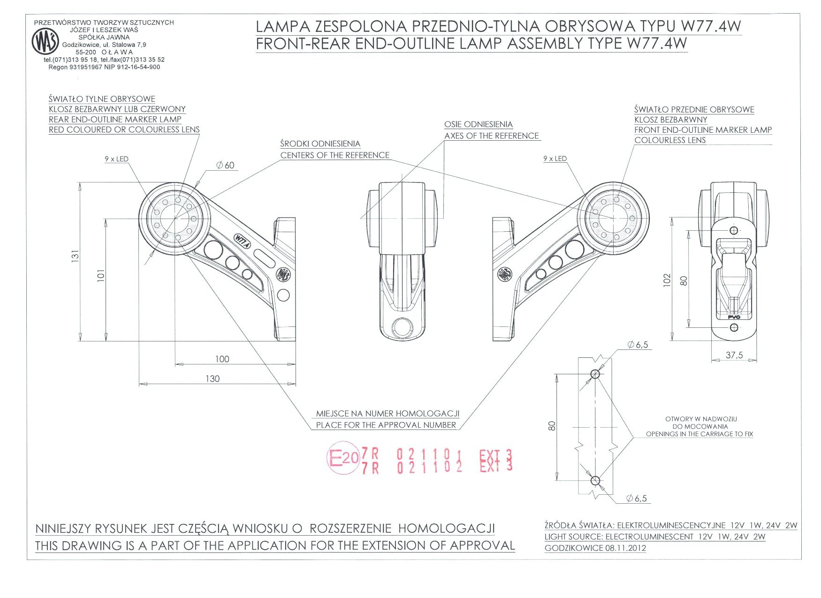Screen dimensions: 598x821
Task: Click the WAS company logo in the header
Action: [45, 41]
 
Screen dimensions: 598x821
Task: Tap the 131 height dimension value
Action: [75, 256]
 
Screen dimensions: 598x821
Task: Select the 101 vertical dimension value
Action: [100, 275]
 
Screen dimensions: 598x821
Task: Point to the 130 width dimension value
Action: [212, 378]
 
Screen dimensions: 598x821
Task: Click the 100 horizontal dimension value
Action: [222, 359]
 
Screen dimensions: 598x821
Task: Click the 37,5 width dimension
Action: [734, 355]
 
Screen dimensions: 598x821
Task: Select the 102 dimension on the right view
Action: [667, 280]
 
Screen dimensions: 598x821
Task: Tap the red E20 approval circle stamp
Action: [343, 457]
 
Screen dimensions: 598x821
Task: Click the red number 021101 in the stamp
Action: [430, 454]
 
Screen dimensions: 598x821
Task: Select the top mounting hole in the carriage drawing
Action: [595, 374]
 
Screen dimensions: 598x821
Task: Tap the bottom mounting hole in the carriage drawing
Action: [595, 480]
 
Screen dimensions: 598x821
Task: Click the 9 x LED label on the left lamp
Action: [116, 159]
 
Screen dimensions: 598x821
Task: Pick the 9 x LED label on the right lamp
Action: [555, 159]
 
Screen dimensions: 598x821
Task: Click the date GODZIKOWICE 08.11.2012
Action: [595, 548]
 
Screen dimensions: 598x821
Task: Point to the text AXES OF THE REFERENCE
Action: [491, 136]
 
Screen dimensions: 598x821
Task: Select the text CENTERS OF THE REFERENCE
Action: [334, 155]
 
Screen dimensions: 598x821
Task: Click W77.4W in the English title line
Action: [656, 44]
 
